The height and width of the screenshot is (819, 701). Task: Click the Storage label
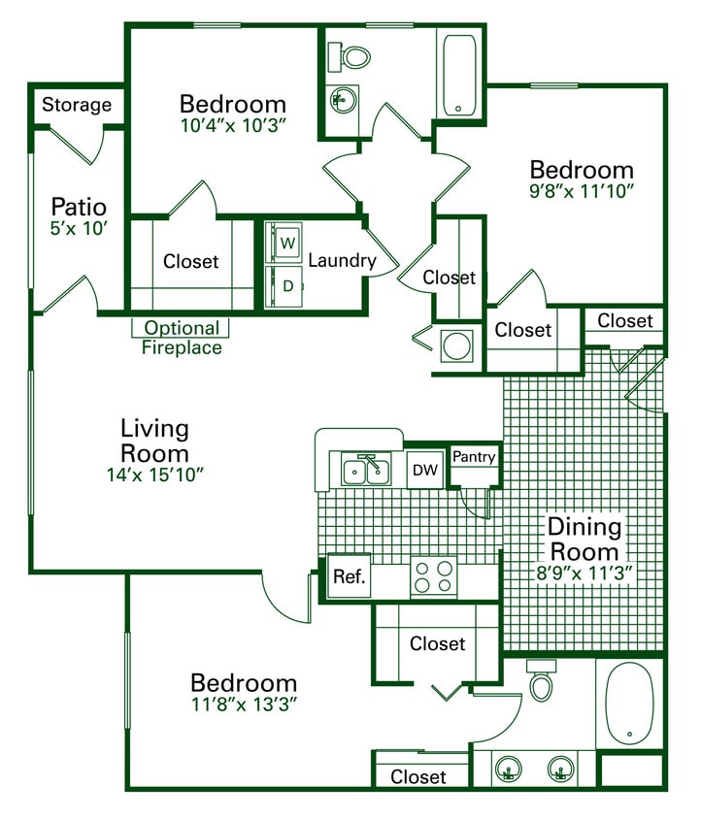coord(77,105)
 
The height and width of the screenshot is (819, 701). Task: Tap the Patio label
coord(79,207)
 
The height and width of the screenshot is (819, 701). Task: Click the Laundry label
coord(342,260)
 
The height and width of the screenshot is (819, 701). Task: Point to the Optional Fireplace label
coord(182,338)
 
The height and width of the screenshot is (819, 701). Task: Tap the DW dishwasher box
coord(424,471)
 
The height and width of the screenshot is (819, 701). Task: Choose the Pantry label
coord(474,457)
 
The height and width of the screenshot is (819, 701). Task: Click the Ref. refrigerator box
coord(350,576)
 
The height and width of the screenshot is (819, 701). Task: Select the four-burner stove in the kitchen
coord(434,576)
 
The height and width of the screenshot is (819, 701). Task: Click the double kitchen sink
coord(366,472)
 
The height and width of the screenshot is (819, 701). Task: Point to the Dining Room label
coord(584,539)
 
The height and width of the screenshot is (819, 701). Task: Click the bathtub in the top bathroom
coord(458,75)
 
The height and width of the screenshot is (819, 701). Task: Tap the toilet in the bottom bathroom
coord(541,682)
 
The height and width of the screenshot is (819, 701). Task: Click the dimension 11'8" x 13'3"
coord(243,704)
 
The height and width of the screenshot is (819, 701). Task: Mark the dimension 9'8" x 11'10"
coord(582,191)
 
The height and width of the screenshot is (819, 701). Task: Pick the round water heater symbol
coord(455,344)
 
